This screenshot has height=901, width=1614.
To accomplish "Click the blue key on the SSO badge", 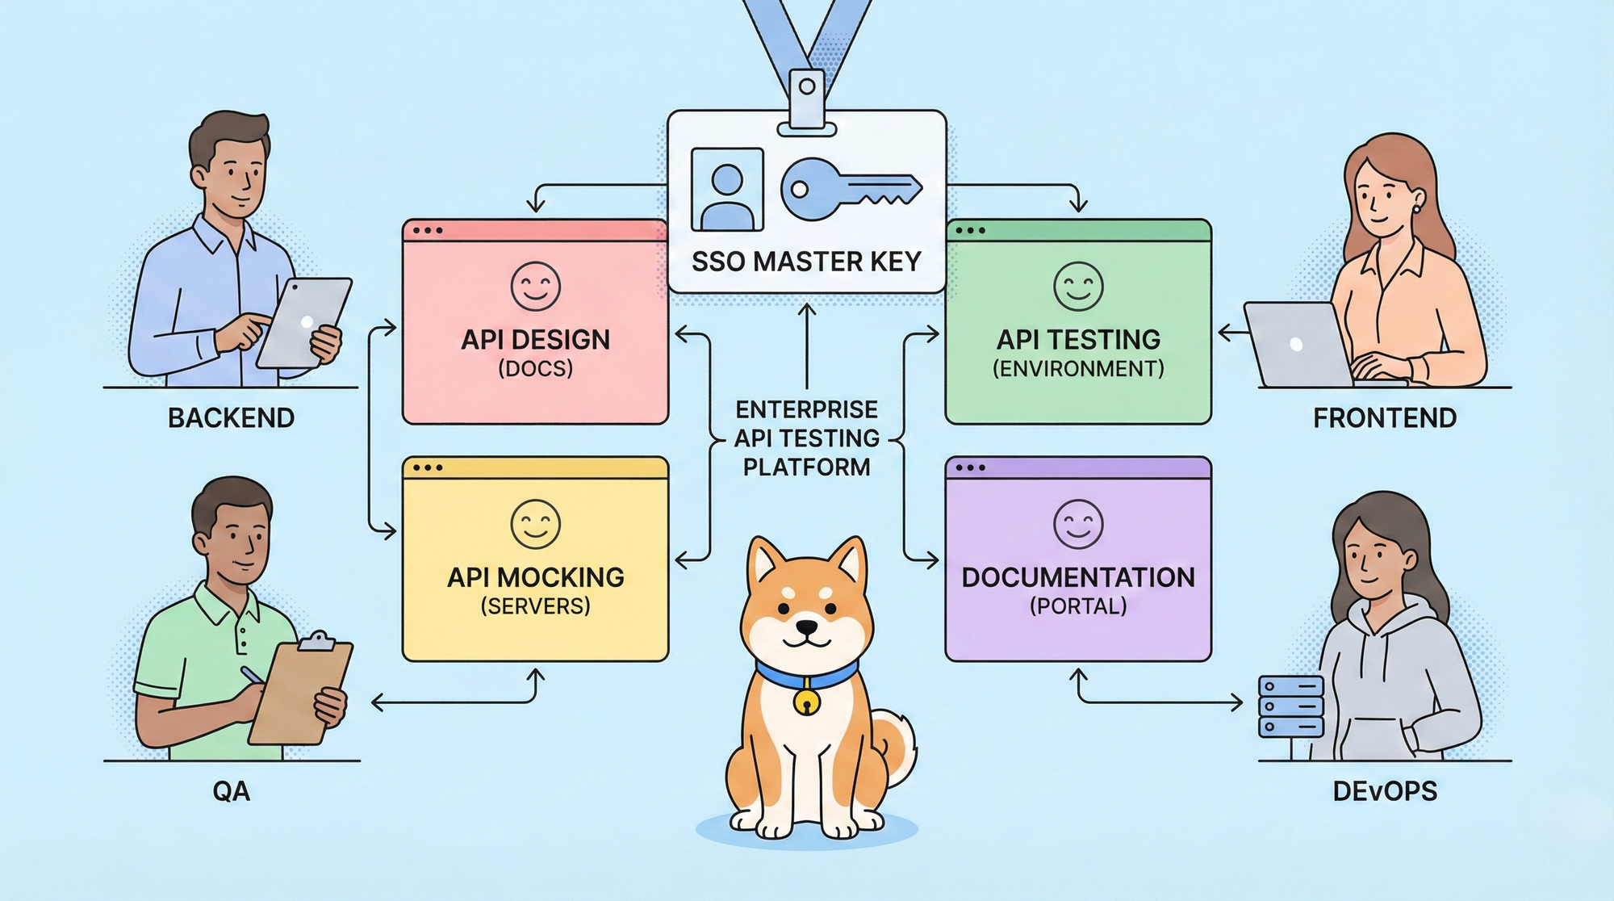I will (x=847, y=189).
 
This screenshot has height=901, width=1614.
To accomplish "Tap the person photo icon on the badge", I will (x=726, y=190).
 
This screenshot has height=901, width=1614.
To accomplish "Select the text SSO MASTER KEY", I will (x=806, y=262).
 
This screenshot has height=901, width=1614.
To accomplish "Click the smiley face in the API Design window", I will (x=535, y=286).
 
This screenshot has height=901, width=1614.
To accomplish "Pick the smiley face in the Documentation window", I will (x=1078, y=524).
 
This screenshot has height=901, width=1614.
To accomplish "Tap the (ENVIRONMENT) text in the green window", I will (x=1078, y=369).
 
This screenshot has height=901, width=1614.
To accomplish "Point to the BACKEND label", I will (x=231, y=418).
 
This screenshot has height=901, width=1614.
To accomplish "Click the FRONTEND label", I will (x=1385, y=418).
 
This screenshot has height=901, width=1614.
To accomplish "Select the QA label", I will (x=231, y=791).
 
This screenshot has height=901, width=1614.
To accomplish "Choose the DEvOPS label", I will (x=1385, y=791).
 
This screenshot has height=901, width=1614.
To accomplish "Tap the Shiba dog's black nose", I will (x=807, y=627).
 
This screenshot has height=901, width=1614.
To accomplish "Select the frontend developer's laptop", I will (x=1295, y=345).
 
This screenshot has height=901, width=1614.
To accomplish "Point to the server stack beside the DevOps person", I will (x=1291, y=707).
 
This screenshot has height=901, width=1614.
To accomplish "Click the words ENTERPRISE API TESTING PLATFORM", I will (x=806, y=438).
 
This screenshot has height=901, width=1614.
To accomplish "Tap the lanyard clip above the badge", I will (x=807, y=97).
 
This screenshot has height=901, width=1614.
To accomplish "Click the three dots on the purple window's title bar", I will (x=970, y=467).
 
